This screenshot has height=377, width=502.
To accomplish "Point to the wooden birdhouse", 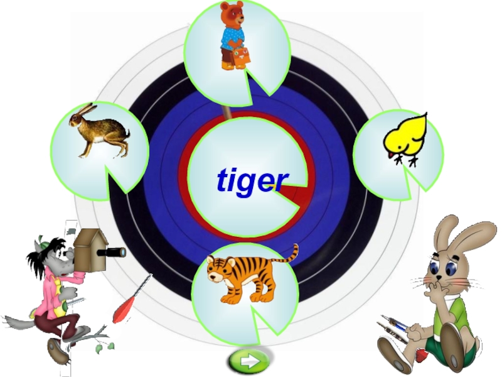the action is coord(89,248).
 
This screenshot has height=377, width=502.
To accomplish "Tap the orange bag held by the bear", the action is coord(240,57).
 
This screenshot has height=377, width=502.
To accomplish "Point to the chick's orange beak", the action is coord(391,154).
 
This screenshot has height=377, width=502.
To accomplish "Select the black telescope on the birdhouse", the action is coord(114,253).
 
